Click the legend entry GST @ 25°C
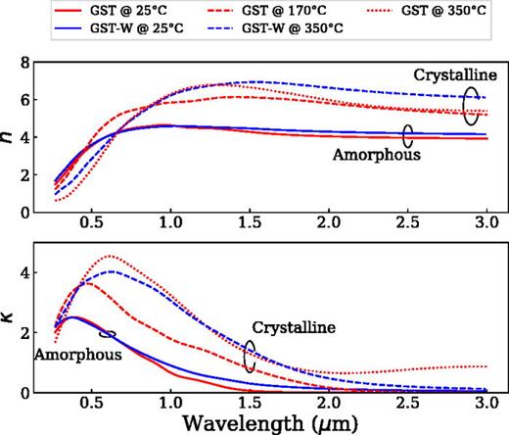tap(111, 11)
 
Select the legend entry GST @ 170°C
tap(266, 11)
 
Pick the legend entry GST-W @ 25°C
tap(118, 28)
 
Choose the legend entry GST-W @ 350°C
tap(275, 28)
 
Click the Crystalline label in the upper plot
tap(455, 75)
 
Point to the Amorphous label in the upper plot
tap(377, 155)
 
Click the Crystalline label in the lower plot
tap(294, 327)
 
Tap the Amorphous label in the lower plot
tap(78, 355)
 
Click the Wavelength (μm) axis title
tap(270, 424)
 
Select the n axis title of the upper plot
tap(8, 137)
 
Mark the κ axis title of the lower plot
tap(8, 316)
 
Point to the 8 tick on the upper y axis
tap(25, 63)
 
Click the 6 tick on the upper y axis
tap(25, 100)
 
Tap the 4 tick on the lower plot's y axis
tap(25, 272)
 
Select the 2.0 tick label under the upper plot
tap(329, 222)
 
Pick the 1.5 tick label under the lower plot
tap(250, 403)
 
